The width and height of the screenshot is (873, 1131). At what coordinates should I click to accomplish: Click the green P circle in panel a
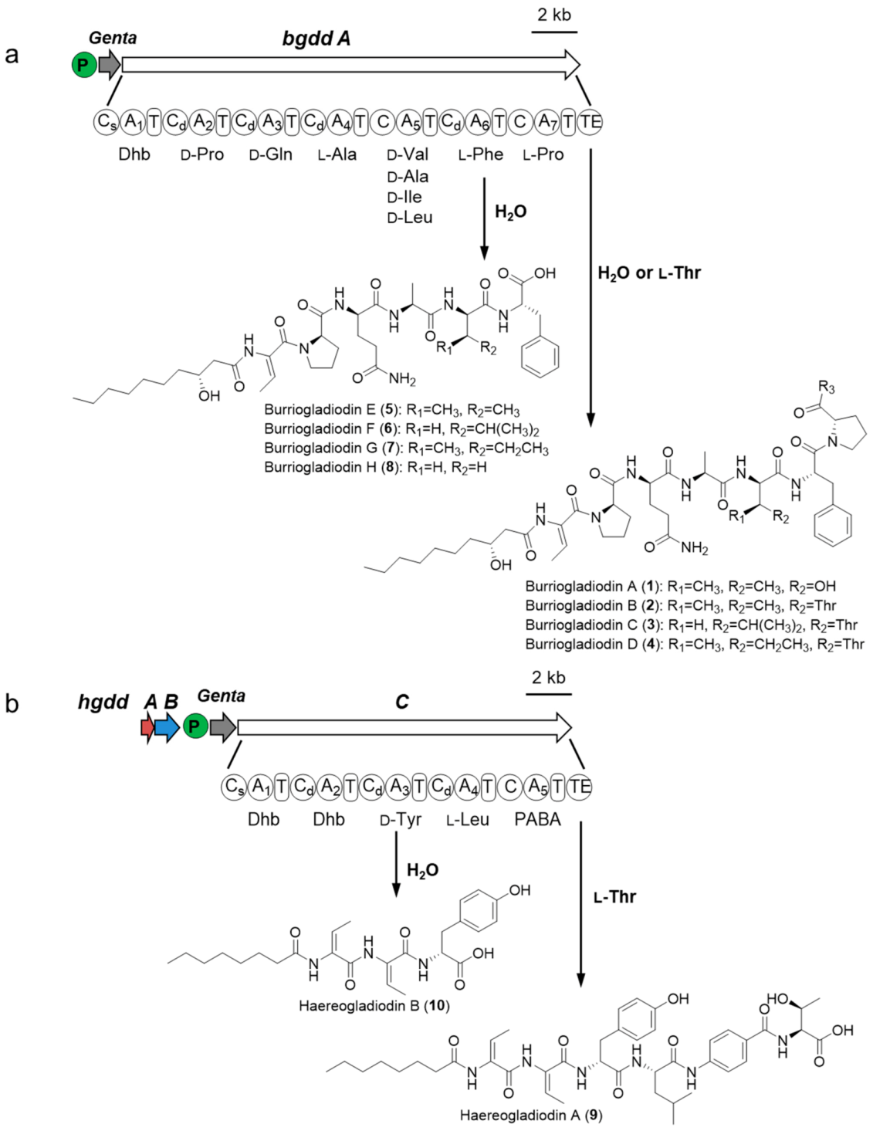click(x=83, y=66)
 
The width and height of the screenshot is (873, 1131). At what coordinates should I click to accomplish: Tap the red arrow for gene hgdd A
click(x=146, y=727)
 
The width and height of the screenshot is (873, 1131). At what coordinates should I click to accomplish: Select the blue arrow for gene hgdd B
click(x=166, y=727)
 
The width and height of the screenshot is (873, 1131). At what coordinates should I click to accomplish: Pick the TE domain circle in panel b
click(x=579, y=787)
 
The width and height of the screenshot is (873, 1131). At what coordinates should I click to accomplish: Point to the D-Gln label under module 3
click(x=270, y=155)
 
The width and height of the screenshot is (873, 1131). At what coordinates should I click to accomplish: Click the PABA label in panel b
click(x=537, y=820)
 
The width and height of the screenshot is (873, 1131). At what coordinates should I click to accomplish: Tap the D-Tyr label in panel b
click(x=401, y=820)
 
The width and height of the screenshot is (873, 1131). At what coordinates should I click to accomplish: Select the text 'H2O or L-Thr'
click(x=648, y=273)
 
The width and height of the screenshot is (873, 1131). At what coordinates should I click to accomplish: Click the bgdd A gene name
click(x=316, y=39)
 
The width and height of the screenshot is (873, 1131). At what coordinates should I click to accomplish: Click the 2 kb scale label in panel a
click(x=554, y=15)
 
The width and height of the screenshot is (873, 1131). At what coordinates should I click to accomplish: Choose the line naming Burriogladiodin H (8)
click(x=375, y=467)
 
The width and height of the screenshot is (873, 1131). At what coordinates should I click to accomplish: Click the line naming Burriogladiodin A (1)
click(x=680, y=587)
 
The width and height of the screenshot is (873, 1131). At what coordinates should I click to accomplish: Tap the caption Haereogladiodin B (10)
click(x=374, y=1006)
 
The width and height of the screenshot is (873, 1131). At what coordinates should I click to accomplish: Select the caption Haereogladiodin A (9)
click(x=530, y=1116)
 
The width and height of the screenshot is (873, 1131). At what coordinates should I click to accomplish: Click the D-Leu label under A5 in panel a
click(x=409, y=218)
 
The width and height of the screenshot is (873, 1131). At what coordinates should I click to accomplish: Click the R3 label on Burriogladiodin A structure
click(x=826, y=387)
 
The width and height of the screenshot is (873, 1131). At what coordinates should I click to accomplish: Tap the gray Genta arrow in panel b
click(x=222, y=727)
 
